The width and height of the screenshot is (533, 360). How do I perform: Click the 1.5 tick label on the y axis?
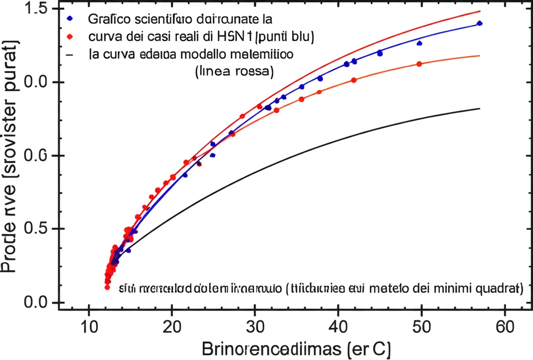34,9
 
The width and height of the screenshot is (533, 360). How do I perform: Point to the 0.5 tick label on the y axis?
34,229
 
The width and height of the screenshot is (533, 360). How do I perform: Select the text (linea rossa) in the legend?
234,71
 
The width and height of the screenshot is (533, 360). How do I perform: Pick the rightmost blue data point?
479,23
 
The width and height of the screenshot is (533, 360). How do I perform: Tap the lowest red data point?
107,287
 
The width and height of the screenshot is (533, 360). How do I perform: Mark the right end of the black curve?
479,108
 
